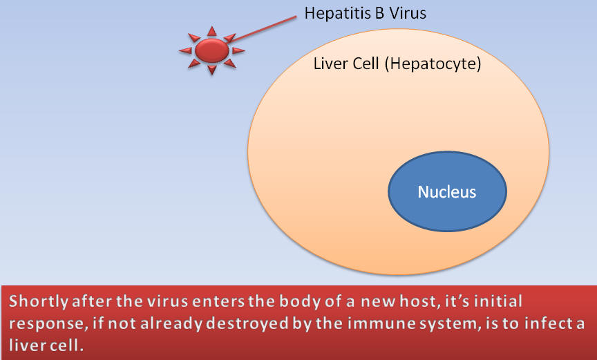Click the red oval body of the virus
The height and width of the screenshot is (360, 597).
[211, 50]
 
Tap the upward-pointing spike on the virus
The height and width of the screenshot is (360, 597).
[211, 31]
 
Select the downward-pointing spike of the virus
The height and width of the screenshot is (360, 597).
[211, 70]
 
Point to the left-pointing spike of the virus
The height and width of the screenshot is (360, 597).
[185, 50]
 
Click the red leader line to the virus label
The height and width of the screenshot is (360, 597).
[263, 28]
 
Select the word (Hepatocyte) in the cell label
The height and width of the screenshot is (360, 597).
[433, 64]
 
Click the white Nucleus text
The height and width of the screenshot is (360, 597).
[447, 192]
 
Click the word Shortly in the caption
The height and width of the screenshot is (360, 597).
[38, 301]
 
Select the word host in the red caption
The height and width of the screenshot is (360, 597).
[417, 301]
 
